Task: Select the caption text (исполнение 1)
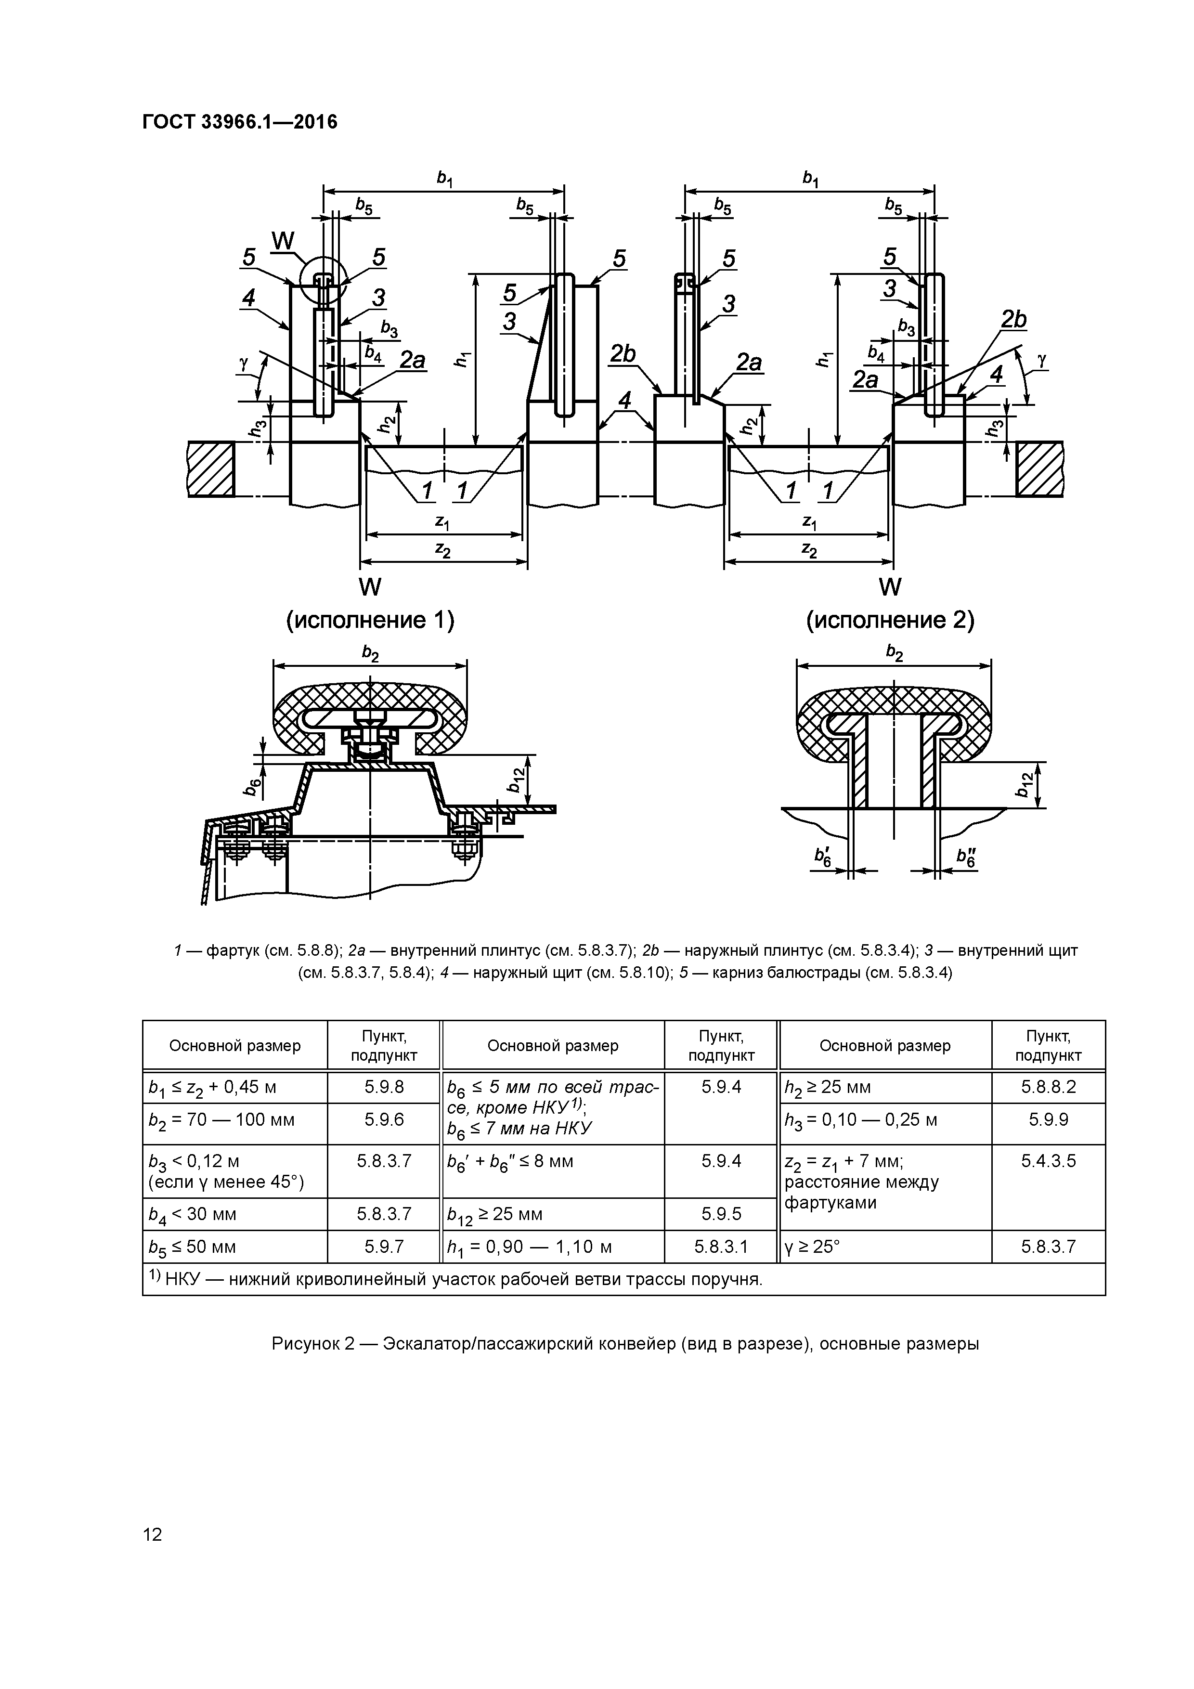370,620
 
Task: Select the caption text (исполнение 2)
890,620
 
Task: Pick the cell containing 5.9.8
383,1087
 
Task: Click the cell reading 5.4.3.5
1048,1161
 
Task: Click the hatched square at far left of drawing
211,468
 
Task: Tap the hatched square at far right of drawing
1039,468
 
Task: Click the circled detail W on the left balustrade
322,280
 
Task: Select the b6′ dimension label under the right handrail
822,856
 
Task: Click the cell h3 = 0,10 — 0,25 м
885,1119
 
